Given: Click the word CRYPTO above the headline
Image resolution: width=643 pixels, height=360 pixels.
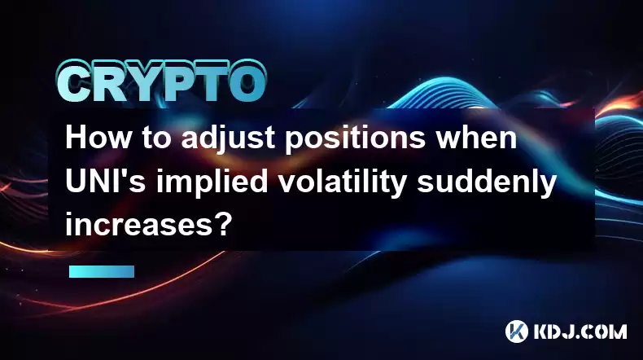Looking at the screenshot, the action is coord(162,81).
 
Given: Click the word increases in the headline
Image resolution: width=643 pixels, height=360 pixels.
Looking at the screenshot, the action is coord(141,226).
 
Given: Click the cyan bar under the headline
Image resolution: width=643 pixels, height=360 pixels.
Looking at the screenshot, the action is coord(102,271).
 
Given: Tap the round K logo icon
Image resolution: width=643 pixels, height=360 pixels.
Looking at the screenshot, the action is coord(517,331).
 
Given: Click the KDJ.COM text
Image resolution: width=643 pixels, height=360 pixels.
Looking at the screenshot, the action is coord(580,331).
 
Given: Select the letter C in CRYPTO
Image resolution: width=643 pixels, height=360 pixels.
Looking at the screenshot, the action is coord(74,81).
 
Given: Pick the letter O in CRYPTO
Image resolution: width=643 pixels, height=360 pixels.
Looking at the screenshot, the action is coord(248,81).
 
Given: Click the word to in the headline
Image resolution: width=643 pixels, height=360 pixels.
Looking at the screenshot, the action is coord(156,138).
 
